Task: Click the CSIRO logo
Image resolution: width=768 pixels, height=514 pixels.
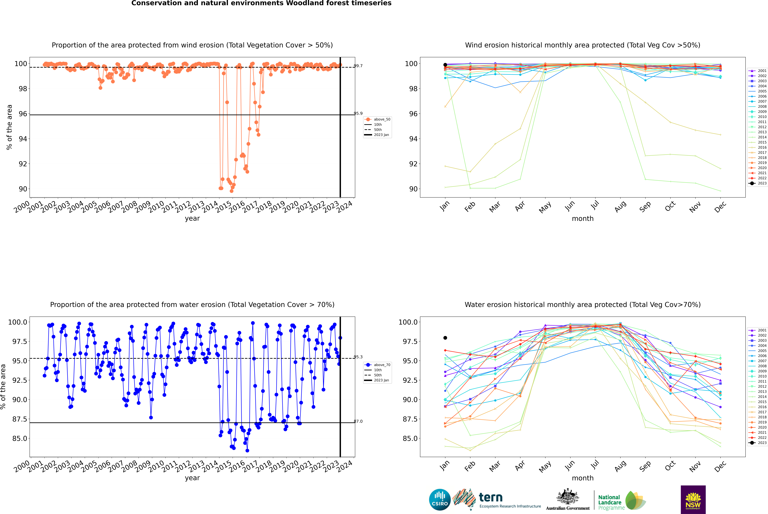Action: click(x=440, y=500)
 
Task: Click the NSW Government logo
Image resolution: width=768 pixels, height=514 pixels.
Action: click(x=693, y=500)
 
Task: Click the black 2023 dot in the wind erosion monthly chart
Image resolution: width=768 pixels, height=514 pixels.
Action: click(x=445, y=65)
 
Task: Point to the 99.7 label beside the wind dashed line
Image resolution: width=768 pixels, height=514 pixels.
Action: click(x=358, y=66)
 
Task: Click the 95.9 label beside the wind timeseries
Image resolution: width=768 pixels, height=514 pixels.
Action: click(x=358, y=113)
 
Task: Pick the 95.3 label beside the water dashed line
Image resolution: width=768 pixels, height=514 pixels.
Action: click(x=358, y=357)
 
